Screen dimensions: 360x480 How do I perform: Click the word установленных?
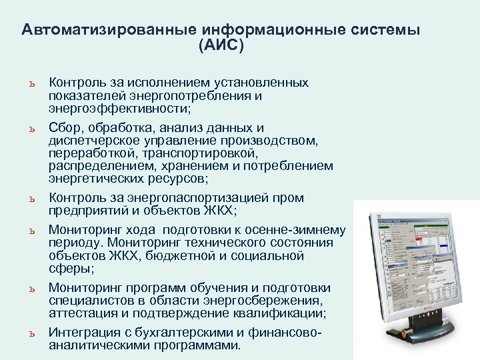pyautogui.click(x=260, y=83)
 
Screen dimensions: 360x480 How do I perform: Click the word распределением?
pyautogui.click(x=96, y=166)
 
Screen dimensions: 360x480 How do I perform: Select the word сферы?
pyautogui.click(x=69, y=269)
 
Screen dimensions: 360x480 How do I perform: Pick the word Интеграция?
pyautogui.click(x=83, y=333)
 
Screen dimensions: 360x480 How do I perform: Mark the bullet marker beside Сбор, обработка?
pyautogui.click(x=31, y=128)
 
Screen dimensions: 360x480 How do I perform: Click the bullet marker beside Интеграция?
pyautogui.click(x=31, y=333)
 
